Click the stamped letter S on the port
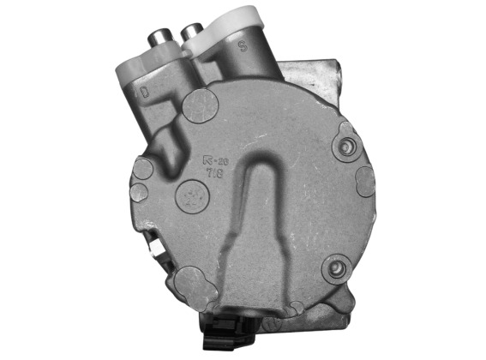243,47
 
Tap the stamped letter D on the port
145,89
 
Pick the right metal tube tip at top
189,30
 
